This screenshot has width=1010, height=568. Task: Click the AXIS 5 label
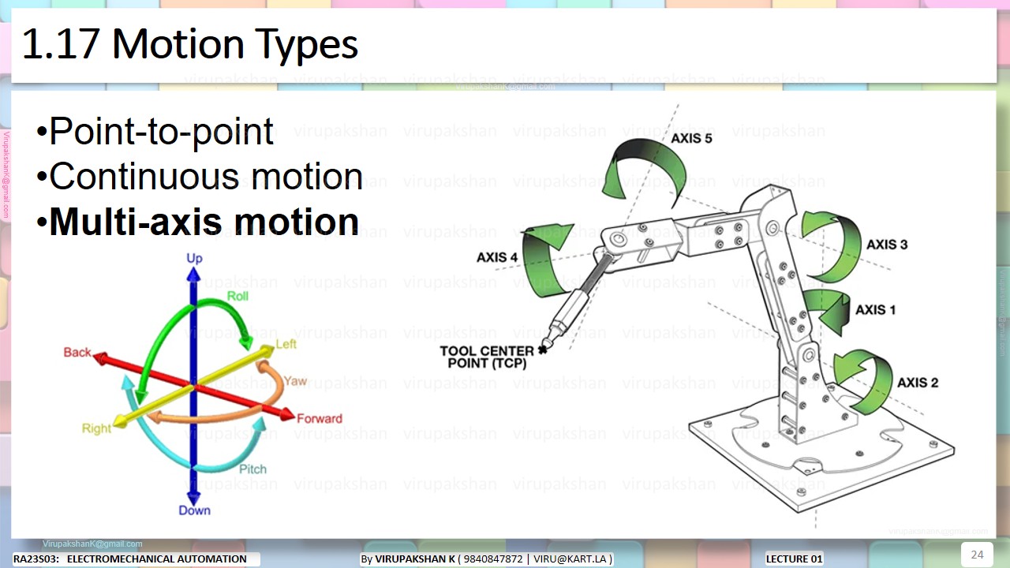(691, 139)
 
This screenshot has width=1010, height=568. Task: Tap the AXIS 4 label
(497, 258)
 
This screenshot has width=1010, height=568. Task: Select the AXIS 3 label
(887, 245)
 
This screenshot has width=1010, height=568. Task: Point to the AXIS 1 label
(876, 310)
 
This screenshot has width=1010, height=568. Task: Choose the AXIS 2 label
(918, 383)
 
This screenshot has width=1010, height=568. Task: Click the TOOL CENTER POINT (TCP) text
(487, 357)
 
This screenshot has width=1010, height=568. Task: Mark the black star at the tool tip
(542, 349)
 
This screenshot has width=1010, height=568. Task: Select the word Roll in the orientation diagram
(238, 296)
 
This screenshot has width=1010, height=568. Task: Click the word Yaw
(295, 381)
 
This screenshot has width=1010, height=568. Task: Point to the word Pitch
(252, 469)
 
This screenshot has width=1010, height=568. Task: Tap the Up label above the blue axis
(194, 259)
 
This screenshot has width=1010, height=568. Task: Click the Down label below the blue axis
(194, 510)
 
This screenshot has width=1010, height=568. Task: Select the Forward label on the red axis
(320, 418)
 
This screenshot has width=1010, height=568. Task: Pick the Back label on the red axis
(77, 353)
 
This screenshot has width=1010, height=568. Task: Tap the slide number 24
(977, 554)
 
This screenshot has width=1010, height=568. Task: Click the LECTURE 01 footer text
(794, 559)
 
